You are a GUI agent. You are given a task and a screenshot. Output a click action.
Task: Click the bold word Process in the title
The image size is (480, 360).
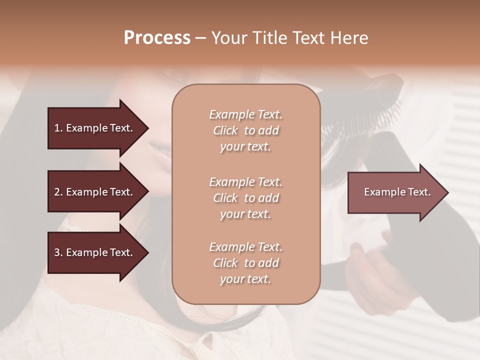157,38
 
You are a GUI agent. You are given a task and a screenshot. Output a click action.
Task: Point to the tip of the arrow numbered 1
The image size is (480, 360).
147,128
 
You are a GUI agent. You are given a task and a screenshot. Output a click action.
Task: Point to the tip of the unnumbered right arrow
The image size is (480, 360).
447,192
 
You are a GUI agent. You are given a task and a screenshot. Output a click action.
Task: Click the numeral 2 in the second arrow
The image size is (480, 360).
57,192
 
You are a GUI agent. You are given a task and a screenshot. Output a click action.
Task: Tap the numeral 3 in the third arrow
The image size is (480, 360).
57,252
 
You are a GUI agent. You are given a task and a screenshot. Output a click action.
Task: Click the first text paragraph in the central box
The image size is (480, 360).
245,130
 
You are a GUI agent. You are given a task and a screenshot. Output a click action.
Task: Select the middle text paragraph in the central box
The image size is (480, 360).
245,198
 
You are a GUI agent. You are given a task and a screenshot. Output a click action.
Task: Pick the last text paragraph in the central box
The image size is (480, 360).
245,263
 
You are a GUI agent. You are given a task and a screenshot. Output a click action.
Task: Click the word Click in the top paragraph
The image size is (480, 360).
225,130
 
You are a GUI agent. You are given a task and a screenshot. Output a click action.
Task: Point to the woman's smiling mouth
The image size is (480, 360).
161,149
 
